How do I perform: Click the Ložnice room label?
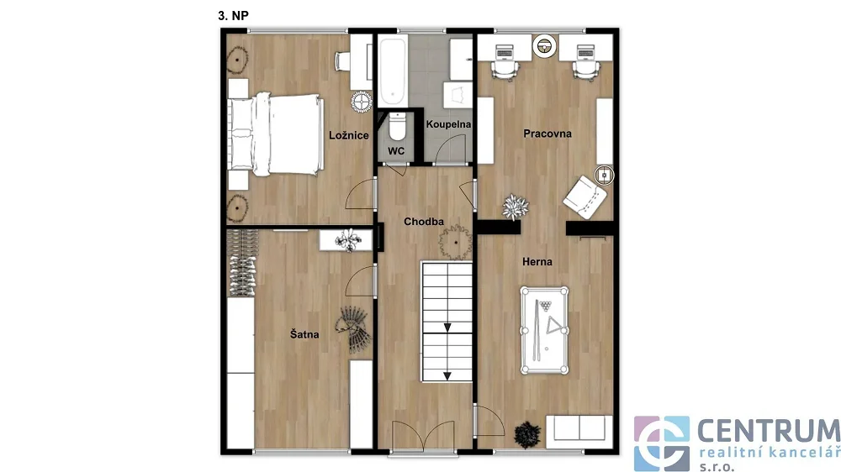(349, 135)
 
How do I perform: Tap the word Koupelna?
(448, 124)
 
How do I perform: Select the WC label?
(396, 151)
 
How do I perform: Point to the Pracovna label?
(547, 134)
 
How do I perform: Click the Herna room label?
(537, 262)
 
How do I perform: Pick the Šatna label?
(304, 334)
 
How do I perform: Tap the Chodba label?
(424, 221)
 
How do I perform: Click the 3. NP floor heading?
(233, 16)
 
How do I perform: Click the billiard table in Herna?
(544, 331)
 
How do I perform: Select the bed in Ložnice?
(276, 134)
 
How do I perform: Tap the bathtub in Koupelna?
(392, 71)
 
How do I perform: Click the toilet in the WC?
(397, 127)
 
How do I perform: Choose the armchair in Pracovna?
(584, 197)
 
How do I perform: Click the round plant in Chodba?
(455, 242)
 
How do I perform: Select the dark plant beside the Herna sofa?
(527, 434)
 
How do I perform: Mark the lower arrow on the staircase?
(447, 376)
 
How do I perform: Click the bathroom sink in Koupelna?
(458, 95)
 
